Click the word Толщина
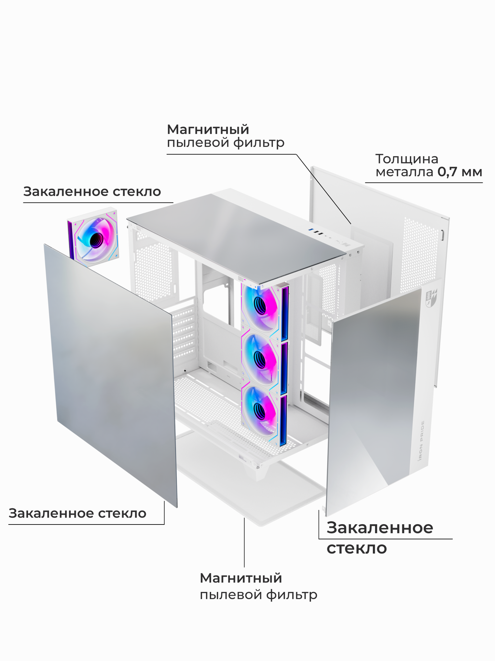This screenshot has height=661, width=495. tap(407, 159)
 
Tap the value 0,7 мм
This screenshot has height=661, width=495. tap(460, 172)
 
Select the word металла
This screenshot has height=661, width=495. tap(404, 172)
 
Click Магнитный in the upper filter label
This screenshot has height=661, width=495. tap(208, 130)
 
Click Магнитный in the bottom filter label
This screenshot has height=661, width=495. tap(241, 578)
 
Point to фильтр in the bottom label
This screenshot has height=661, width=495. tap(292, 595)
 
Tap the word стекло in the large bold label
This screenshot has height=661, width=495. tap(357, 548)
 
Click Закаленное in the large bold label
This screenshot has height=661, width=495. tap(379, 527)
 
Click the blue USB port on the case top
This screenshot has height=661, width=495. tap(310, 230)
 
